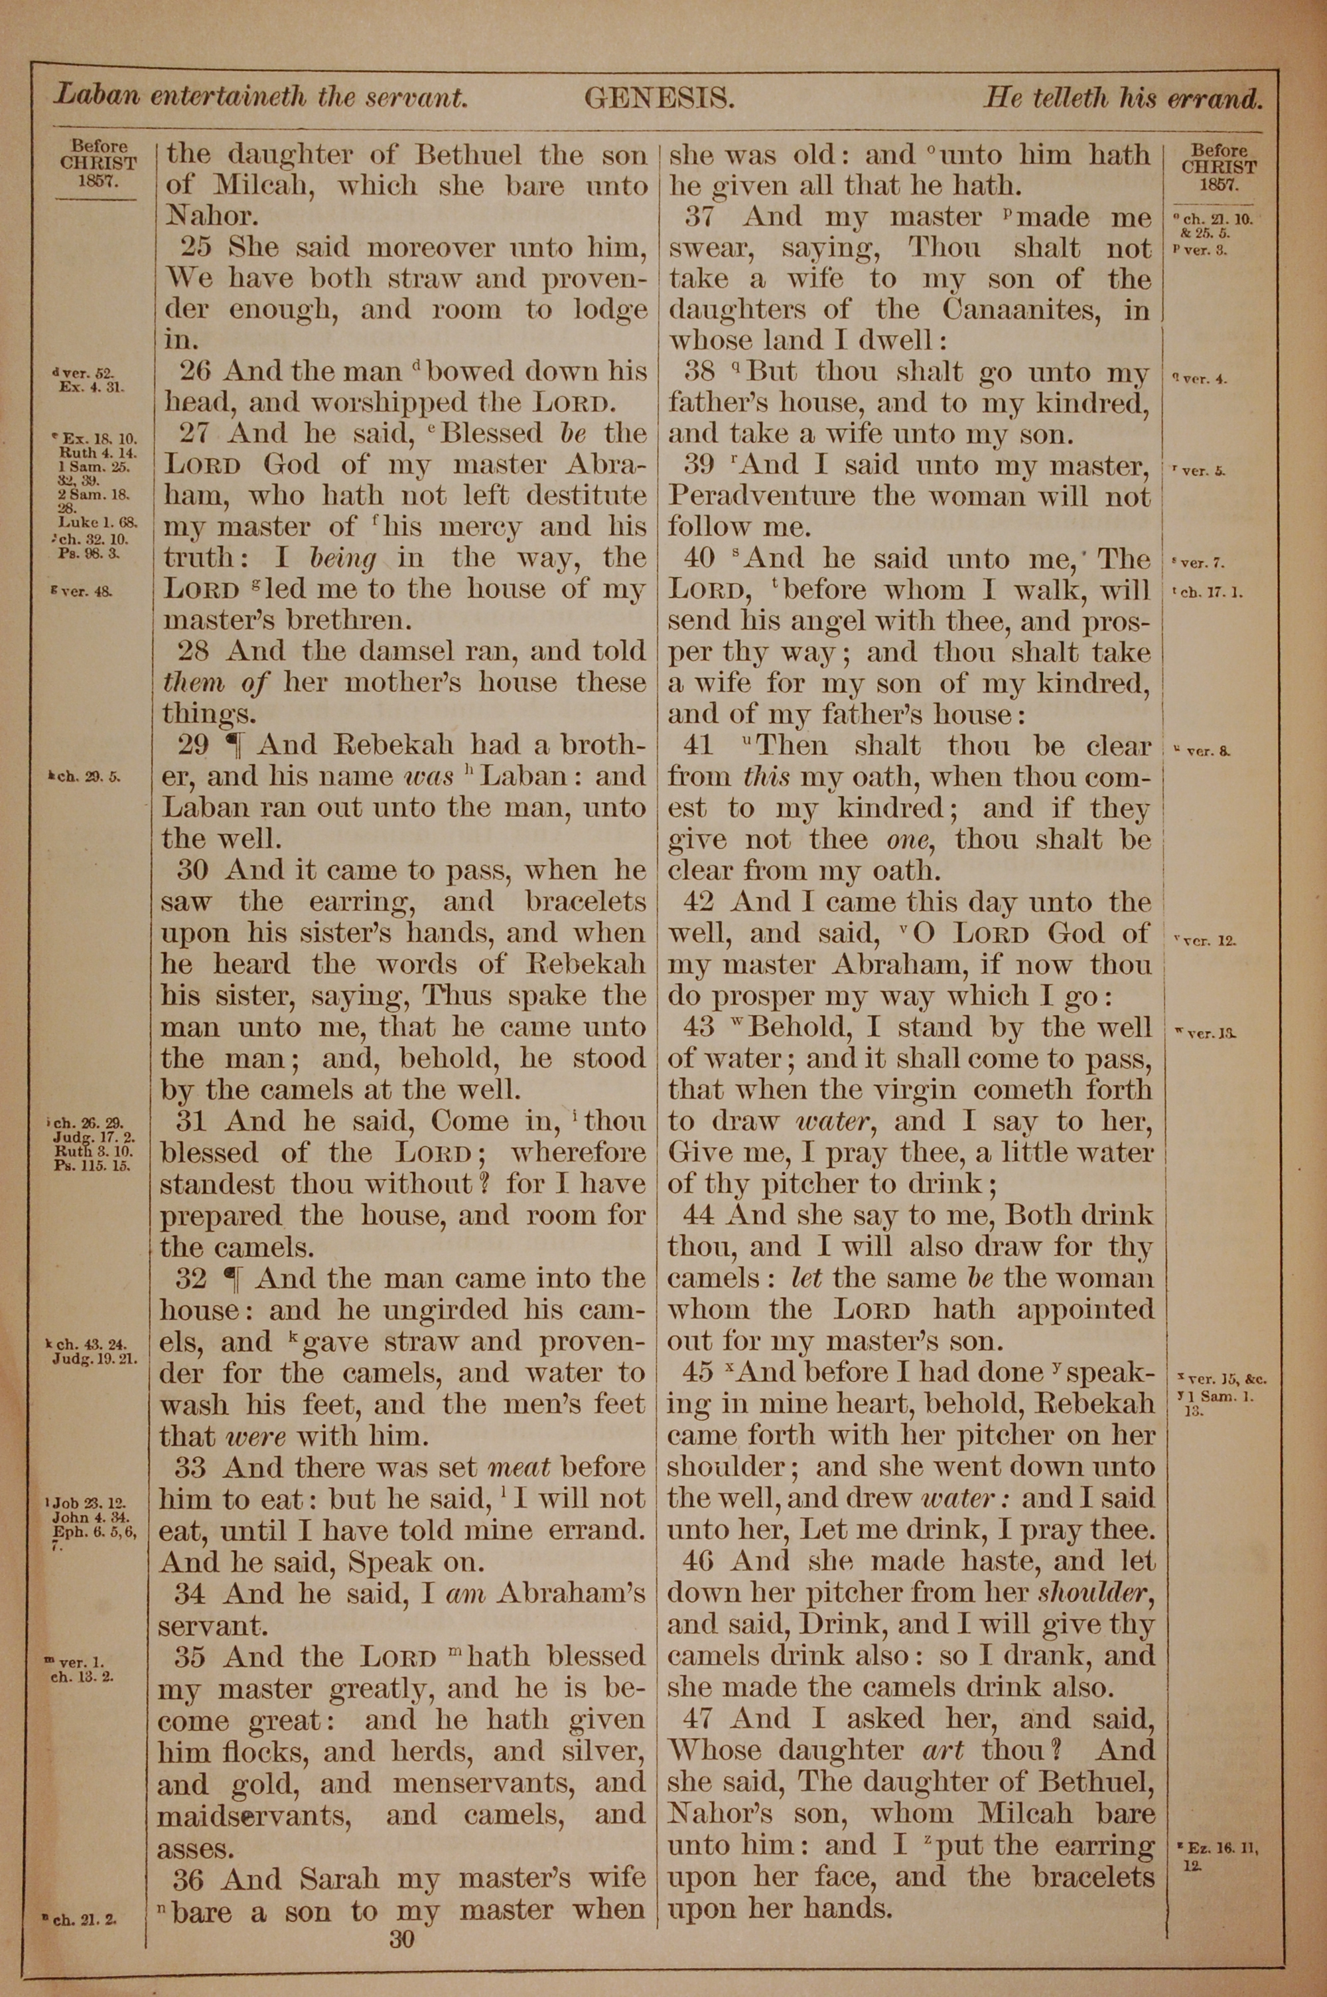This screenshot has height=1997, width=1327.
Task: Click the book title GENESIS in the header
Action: [658, 99]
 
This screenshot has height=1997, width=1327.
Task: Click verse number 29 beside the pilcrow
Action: [193, 745]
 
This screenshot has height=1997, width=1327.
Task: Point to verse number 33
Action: [191, 1467]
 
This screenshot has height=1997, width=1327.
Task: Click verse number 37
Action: [700, 216]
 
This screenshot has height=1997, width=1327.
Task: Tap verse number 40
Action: [700, 559]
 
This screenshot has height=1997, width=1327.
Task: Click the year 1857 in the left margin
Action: [96, 181]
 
